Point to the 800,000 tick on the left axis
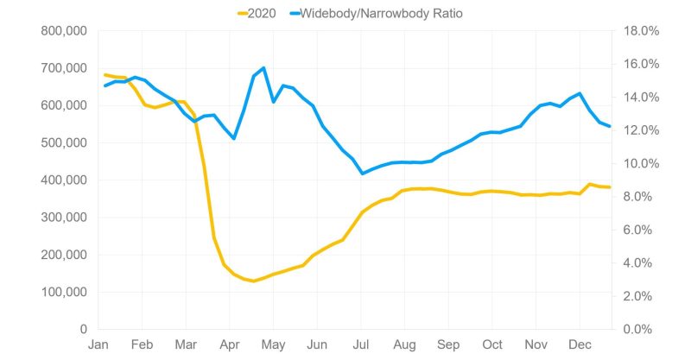[64, 31]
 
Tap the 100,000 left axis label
[64, 292]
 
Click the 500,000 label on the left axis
[64, 142]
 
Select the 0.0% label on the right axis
[640, 329]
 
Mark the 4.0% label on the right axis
[640, 262]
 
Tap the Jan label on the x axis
[98, 344]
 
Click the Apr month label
[230, 344]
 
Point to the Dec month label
[580, 344]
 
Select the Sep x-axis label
[448, 344]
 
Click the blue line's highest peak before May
[263, 67]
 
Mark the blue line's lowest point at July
[362, 174]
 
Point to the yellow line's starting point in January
[105, 75]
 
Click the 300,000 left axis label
[64, 218]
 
